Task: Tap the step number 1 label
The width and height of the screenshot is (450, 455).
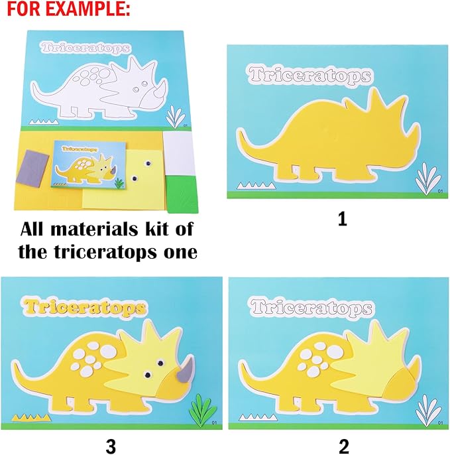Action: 342,219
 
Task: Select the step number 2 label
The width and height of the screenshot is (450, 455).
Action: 343,446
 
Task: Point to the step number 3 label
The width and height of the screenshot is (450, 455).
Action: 110,446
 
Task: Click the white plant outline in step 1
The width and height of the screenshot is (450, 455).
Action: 424,179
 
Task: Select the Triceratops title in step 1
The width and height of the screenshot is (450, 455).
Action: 311,76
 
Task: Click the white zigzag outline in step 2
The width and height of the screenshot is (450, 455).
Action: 254,416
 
